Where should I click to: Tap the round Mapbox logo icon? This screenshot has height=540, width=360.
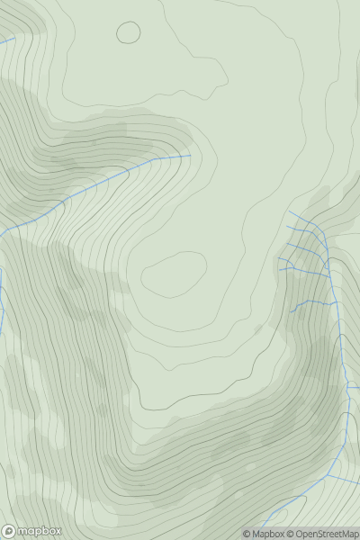(x=9, y=531)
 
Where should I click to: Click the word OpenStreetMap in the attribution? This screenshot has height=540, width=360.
(x=325, y=535)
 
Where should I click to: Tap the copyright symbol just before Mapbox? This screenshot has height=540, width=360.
(x=246, y=535)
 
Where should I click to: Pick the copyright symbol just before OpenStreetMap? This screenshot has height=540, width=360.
(x=291, y=535)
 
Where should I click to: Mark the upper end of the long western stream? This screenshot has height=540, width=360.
(x=190, y=156)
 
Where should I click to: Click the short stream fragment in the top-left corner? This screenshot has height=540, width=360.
(x=7, y=40)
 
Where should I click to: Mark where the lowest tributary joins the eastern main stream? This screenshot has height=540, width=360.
(x=337, y=303)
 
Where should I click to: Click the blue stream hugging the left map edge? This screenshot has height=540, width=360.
(x=2, y=297)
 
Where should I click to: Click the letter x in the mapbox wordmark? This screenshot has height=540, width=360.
(x=57, y=531)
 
